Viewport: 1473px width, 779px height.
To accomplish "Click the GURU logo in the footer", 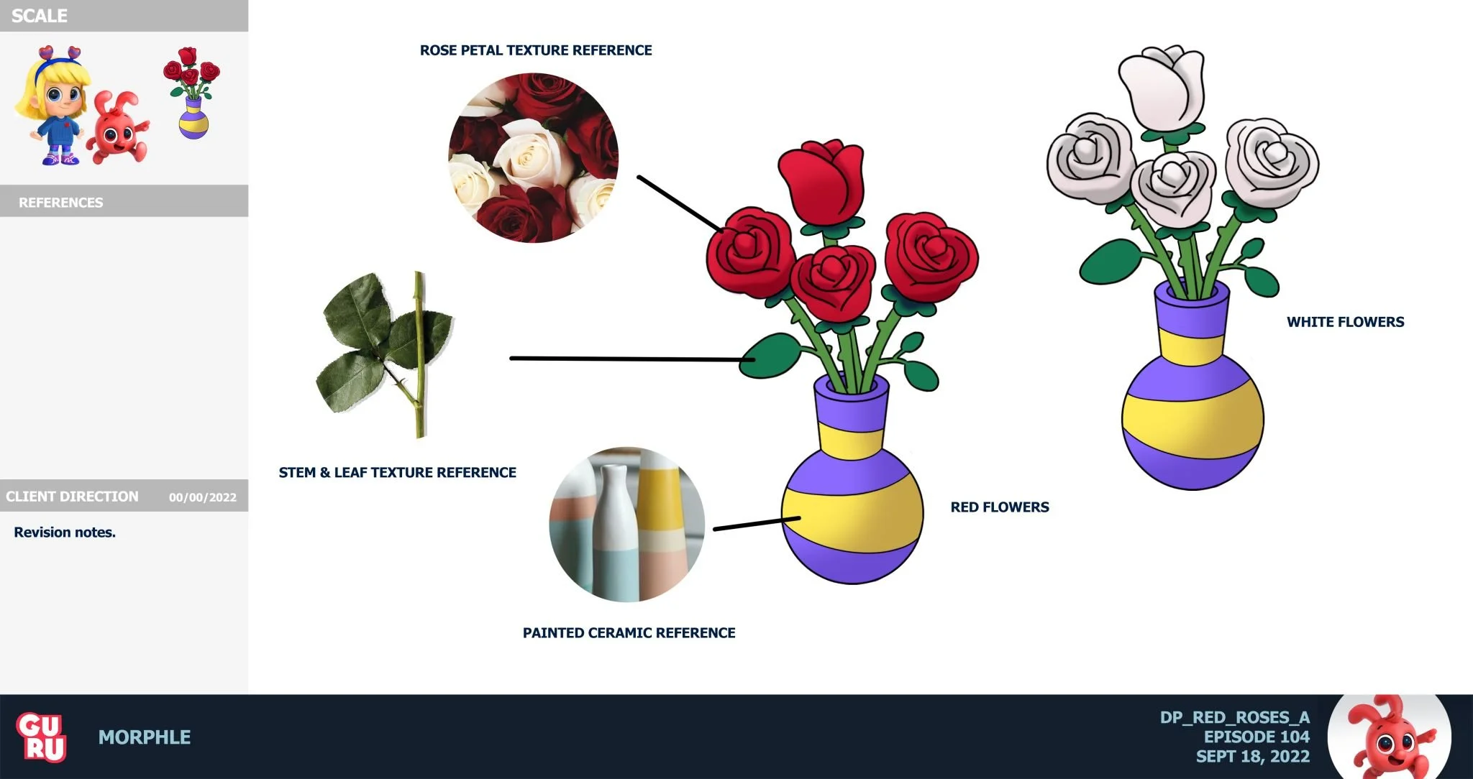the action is click(x=42, y=737).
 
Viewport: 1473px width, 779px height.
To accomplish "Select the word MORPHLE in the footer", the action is click(x=145, y=737).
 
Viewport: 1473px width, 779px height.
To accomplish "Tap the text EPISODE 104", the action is click(x=1257, y=737).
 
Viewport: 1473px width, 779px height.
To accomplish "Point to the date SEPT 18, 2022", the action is click(x=1252, y=756).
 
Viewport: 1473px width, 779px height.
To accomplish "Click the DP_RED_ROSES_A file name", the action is click(x=1234, y=717).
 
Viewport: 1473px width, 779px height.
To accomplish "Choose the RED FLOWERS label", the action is click(x=999, y=507).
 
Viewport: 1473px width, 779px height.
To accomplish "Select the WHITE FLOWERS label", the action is click(x=1345, y=322).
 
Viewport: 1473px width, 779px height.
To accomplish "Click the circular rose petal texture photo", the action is click(x=533, y=157).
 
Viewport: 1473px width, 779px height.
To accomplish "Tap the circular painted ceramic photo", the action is click(x=626, y=525).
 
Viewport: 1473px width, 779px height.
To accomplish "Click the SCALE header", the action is click(x=40, y=16).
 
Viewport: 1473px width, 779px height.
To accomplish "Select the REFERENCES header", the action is click(x=61, y=203).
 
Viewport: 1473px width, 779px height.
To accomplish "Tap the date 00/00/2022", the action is click(x=202, y=497).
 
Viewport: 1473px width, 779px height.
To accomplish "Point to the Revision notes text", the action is click(x=65, y=533).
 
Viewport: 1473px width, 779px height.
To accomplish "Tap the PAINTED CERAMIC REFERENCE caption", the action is click(x=629, y=633).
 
